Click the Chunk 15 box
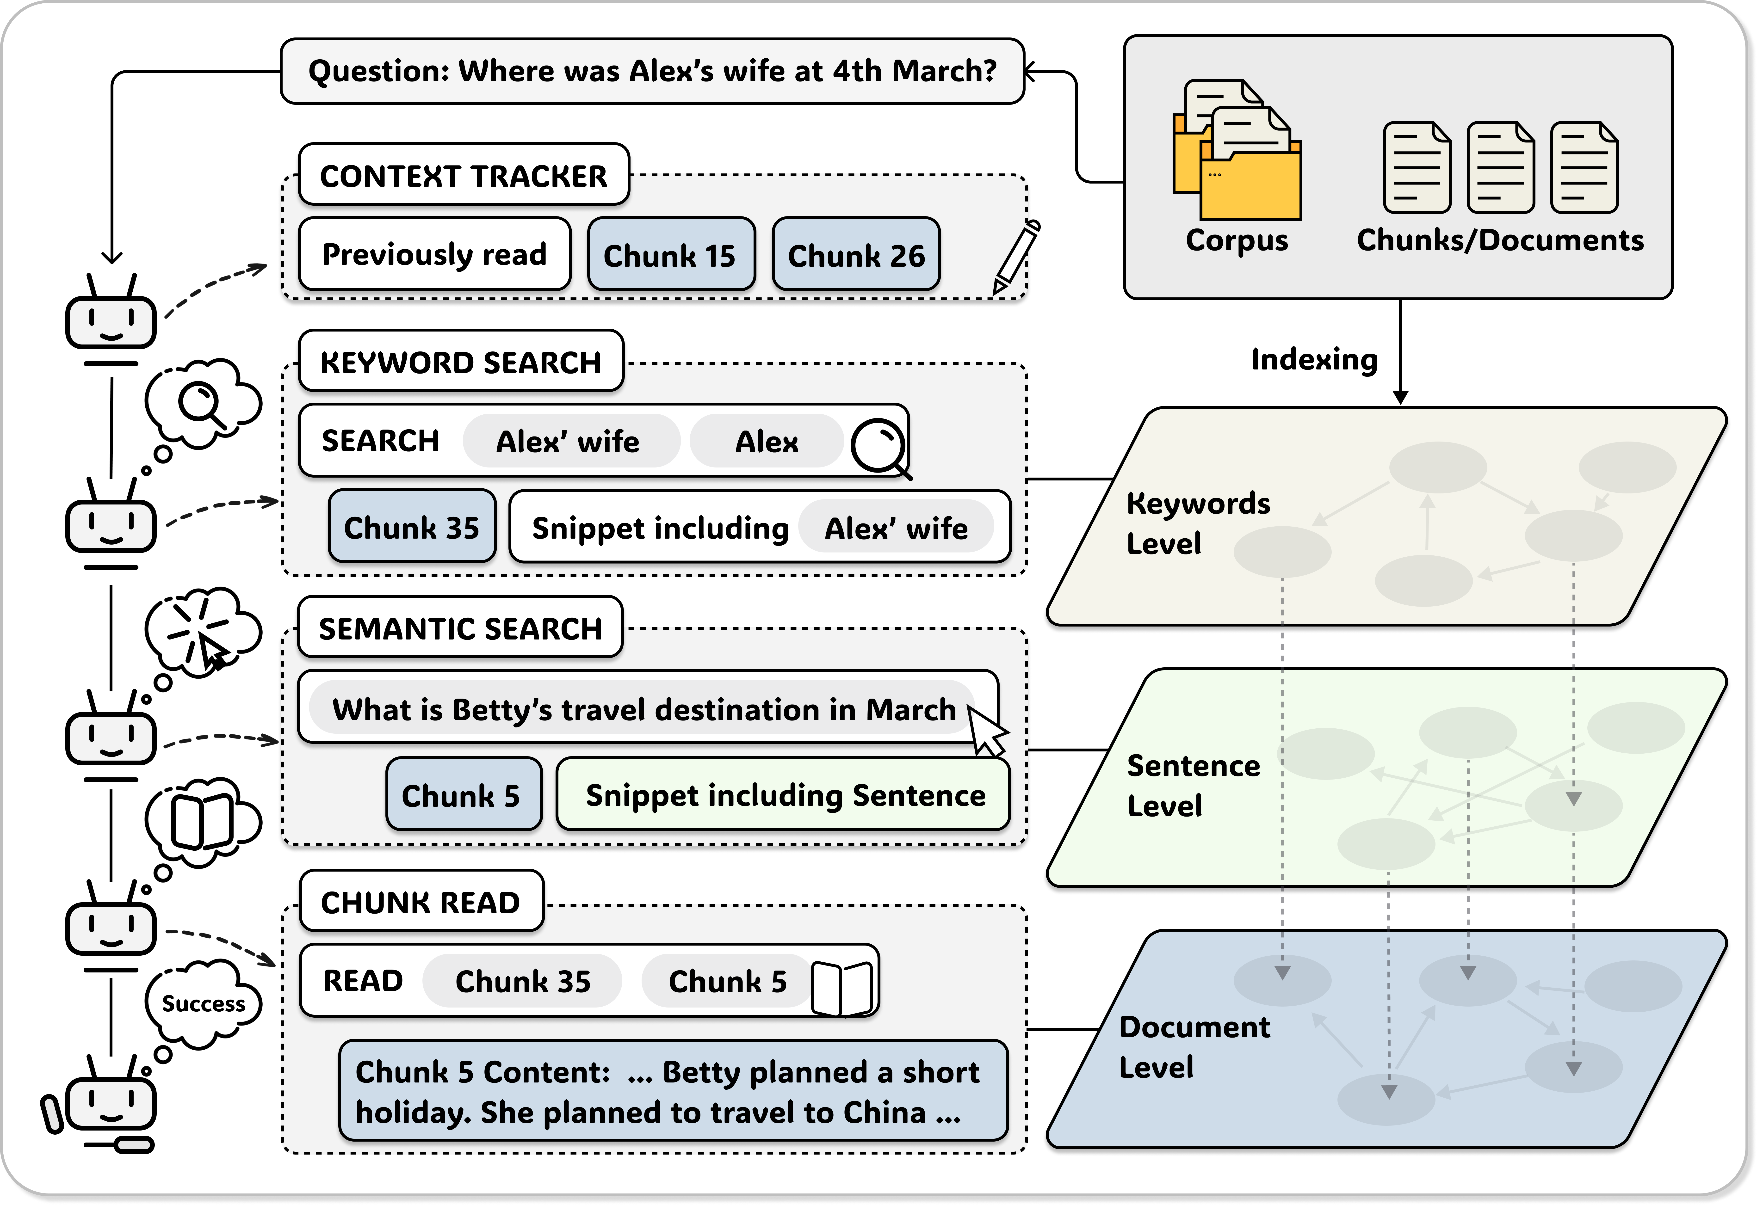[x=671, y=255]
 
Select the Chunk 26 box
[x=856, y=255]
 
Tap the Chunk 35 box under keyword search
[x=412, y=527]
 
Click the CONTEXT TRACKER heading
[x=464, y=175]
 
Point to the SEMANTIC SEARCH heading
[x=460, y=628]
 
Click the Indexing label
[x=1314, y=359]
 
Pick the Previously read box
[x=435, y=254]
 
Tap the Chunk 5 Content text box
[x=673, y=1091]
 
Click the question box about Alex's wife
[x=652, y=71]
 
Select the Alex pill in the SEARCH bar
[x=766, y=442]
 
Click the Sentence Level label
[x=1193, y=786]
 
